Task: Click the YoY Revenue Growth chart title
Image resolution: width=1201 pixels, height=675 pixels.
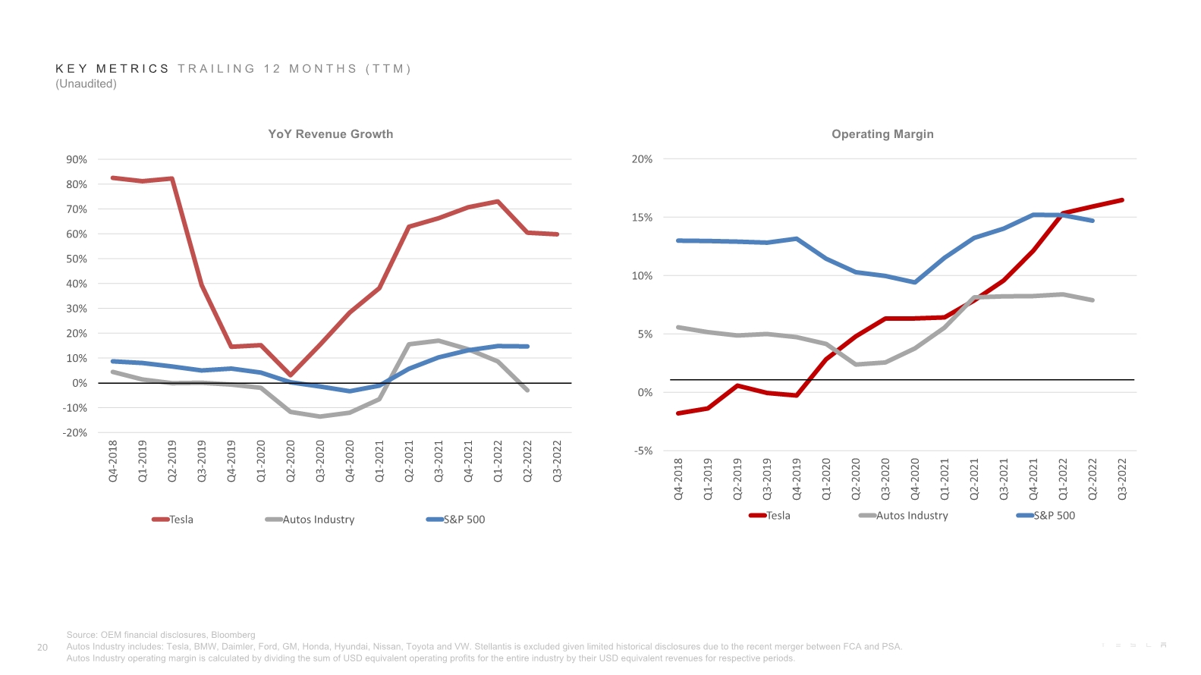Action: coord(330,134)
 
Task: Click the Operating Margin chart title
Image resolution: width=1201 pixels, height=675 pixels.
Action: coord(882,134)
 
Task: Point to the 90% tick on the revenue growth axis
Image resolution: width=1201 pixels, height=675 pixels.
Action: coord(77,160)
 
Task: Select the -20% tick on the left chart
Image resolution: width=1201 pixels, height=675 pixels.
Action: coord(75,433)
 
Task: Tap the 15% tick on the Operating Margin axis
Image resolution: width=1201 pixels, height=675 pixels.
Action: coord(642,218)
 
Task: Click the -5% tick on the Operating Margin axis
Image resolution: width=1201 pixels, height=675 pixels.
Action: coord(643,451)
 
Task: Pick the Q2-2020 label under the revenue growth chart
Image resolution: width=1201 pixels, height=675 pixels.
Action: coord(291,461)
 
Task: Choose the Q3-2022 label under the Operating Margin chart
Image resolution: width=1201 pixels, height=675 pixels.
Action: coord(1122,479)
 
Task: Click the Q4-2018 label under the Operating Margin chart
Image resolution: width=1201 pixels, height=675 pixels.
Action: coord(678,479)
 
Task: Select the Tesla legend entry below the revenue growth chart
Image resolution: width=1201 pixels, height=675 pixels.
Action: coord(181,520)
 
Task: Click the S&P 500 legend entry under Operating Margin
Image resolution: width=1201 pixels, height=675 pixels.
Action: coord(1054,516)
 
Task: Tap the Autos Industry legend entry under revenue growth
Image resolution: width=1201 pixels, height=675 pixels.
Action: coord(318,520)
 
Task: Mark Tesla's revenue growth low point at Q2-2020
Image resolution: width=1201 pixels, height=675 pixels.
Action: coord(291,375)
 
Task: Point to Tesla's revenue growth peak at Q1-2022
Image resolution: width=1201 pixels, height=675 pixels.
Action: coord(498,202)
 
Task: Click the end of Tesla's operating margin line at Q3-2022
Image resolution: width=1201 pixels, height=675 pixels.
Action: coord(1122,200)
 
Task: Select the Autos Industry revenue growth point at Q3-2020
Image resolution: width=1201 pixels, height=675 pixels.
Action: coord(320,416)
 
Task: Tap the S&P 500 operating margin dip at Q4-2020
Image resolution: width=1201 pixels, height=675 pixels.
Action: coord(915,282)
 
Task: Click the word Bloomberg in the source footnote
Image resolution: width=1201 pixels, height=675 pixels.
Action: coord(233,635)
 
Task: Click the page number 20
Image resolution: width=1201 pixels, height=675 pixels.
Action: coord(42,648)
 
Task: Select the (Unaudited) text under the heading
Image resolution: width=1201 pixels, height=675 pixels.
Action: coord(86,84)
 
